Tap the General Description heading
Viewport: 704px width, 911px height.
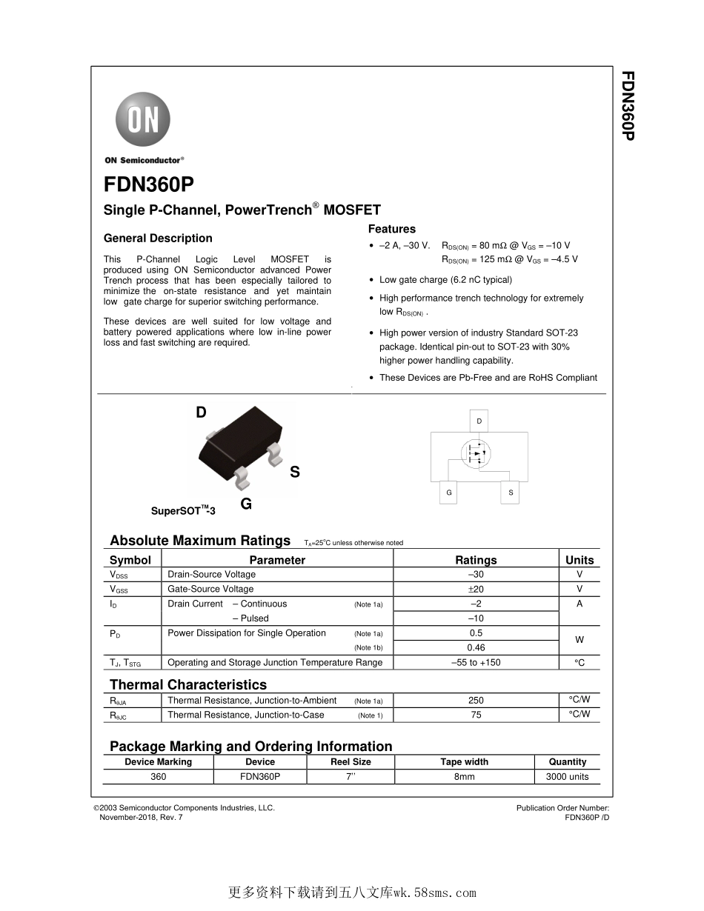(x=158, y=238)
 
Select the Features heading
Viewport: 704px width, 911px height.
(x=392, y=230)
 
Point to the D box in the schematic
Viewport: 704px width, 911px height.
(x=479, y=421)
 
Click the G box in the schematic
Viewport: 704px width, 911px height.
(x=448, y=493)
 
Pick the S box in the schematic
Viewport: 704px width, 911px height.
(x=511, y=493)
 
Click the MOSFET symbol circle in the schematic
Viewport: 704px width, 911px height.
(x=476, y=453)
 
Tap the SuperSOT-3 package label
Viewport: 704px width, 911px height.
(x=183, y=511)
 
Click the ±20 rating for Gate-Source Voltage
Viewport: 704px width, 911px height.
(x=476, y=589)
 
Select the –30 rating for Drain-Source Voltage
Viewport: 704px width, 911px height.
(x=476, y=574)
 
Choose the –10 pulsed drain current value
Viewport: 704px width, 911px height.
(x=476, y=618)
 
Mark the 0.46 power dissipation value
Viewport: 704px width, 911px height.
(x=476, y=647)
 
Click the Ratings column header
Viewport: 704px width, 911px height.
(x=476, y=560)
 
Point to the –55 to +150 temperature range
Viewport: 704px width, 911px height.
(x=476, y=662)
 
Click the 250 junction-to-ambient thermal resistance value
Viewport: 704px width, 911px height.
(x=476, y=700)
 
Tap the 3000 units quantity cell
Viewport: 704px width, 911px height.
(x=567, y=776)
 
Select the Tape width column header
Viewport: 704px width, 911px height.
(x=465, y=761)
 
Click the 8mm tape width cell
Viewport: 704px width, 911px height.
(x=465, y=776)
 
